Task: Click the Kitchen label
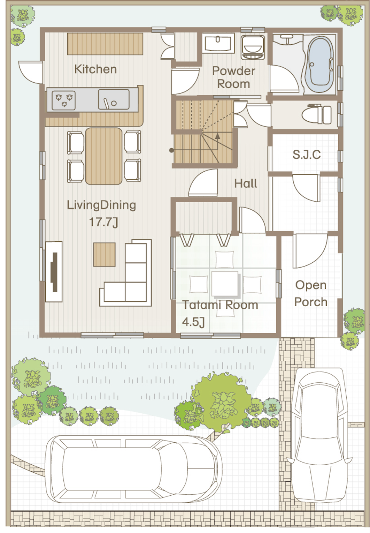click(x=95, y=69)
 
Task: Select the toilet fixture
click(x=317, y=115)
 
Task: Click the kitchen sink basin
click(x=114, y=99)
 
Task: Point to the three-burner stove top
click(x=64, y=100)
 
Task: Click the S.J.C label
click(x=307, y=155)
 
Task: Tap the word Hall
click(x=246, y=184)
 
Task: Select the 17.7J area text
click(x=103, y=222)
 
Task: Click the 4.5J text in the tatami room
click(x=193, y=322)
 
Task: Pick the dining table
click(x=104, y=156)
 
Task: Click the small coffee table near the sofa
click(x=104, y=254)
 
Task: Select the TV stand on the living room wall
click(x=54, y=272)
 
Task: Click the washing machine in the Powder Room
click(x=253, y=47)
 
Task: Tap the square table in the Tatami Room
click(x=225, y=284)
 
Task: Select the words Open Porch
click(x=311, y=293)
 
